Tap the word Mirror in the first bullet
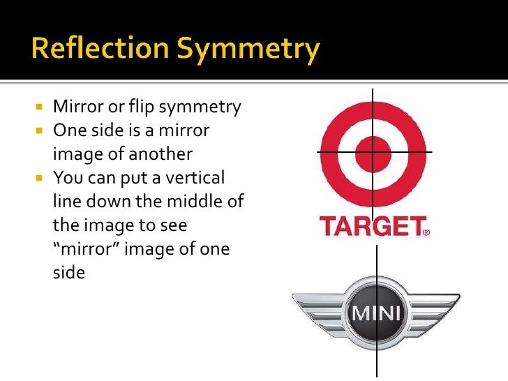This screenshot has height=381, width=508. click(76, 107)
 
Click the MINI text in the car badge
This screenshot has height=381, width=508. click(377, 312)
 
